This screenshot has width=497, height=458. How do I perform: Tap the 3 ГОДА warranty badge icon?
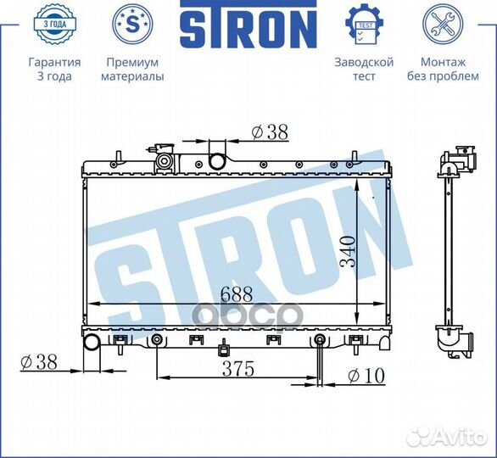tap(54, 25)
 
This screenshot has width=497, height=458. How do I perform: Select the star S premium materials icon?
tap(132, 25)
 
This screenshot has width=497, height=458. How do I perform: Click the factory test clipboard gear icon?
tap(364, 25)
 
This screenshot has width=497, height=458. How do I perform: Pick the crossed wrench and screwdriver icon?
tap(442, 25)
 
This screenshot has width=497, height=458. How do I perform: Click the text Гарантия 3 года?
tap(54, 69)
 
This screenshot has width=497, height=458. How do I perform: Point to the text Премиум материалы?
tap(132, 69)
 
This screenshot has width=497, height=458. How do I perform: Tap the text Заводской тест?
tap(364, 69)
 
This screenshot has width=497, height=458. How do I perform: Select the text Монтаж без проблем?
tap(442, 69)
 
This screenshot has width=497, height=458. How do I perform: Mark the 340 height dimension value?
tap(347, 252)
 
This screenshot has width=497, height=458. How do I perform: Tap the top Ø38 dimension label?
tap(270, 132)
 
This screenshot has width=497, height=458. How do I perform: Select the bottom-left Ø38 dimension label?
tap(37, 361)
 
